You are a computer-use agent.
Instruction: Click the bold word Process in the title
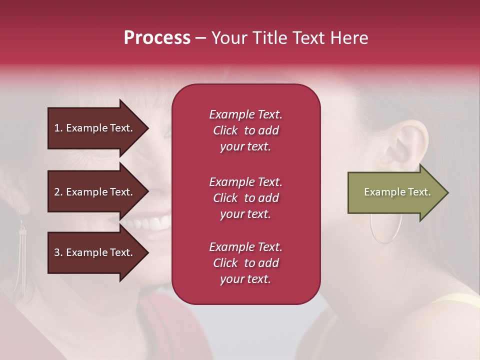point(157,38)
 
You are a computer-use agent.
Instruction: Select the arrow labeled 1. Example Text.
point(95,128)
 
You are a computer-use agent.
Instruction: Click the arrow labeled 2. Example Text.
point(95,192)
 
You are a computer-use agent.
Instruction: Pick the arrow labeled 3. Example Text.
point(95,252)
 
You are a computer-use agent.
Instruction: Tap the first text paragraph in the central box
point(245,130)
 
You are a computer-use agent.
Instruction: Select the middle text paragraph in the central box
point(245,198)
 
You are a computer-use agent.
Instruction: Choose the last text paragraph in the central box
point(245,263)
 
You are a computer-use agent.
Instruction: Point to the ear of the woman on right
point(407,140)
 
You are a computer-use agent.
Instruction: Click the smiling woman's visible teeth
point(152,222)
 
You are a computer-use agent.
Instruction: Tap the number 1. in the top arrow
point(58,128)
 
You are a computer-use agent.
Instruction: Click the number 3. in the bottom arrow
point(58,252)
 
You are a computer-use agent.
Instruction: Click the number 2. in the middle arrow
point(58,192)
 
